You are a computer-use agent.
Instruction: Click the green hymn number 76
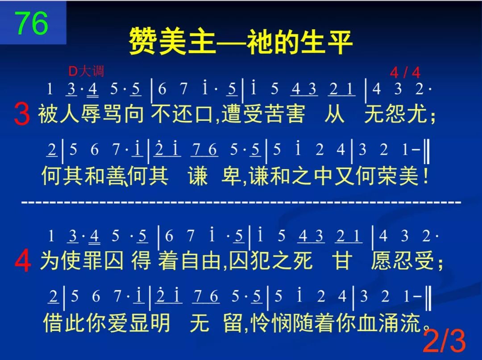tap(32, 23)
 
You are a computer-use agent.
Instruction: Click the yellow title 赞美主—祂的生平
tap(241, 42)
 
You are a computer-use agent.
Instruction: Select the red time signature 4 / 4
tap(405, 73)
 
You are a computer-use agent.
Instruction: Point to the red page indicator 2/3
tap(444, 341)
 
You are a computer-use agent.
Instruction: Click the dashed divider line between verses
tap(241, 203)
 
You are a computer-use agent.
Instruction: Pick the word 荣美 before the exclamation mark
tap(395, 176)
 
